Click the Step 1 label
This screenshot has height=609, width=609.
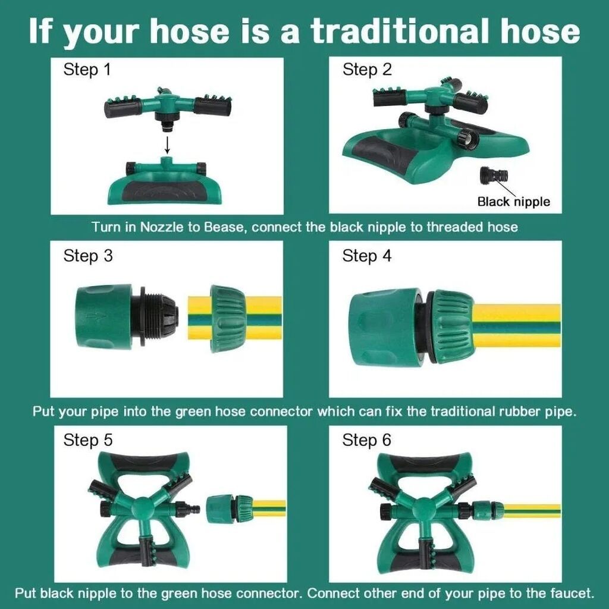click(x=87, y=70)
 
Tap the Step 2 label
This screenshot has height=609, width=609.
click(x=366, y=70)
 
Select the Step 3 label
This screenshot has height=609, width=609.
click(x=88, y=256)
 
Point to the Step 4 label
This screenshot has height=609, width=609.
click(x=366, y=256)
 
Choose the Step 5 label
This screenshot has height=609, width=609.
click(x=88, y=441)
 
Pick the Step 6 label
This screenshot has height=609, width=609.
click(x=366, y=441)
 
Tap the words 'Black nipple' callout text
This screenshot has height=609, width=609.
click(x=513, y=202)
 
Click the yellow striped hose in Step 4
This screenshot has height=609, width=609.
click(x=517, y=325)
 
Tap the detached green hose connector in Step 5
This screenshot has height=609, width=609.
click(x=229, y=508)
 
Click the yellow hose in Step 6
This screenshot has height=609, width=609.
click(x=532, y=510)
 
